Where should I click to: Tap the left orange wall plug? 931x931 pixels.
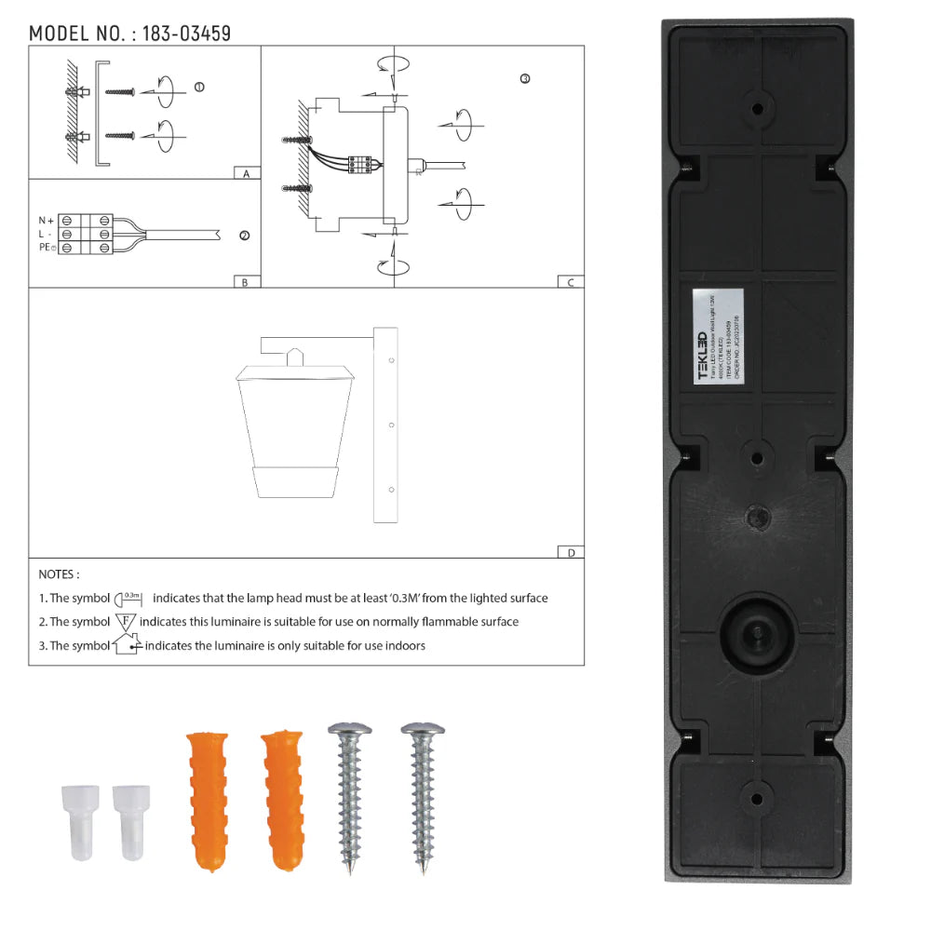coord(207,802)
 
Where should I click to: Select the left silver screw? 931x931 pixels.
coord(351,796)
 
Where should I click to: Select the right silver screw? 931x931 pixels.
coord(424,796)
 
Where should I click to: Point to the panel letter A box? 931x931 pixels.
coord(245,173)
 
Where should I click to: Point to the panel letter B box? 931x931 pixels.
coord(245,282)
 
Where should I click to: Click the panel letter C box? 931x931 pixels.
coord(570,282)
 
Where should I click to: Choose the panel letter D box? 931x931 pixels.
coord(570,552)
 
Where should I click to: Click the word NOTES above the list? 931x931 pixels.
coord(59,574)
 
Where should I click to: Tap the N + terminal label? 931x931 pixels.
coord(46,220)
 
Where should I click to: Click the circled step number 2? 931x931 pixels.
coord(244,236)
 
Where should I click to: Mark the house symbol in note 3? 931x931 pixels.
coord(128,643)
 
